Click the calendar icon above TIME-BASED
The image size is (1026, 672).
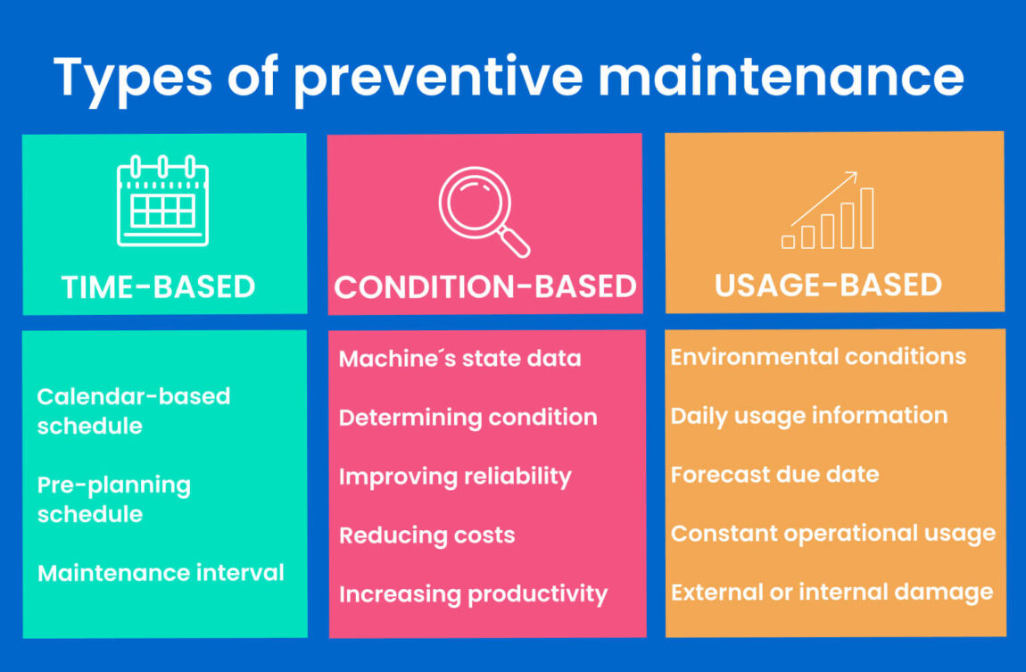tap(162, 201)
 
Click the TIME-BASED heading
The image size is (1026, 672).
tap(159, 287)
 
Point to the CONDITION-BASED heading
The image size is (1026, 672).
tap(484, 287)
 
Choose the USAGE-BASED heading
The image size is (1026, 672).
tap(828, 285)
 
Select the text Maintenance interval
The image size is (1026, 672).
tap(161, 573)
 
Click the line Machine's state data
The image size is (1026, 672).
tap(459, 359)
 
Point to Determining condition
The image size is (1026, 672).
tap(467, 418)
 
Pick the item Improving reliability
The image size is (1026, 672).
tap(454, 477)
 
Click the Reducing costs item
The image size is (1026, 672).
tap(426, 535)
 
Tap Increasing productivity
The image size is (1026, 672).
tap(473, 594)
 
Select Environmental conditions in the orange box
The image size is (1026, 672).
tap(818, 357)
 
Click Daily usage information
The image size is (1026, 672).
tap(809, 416)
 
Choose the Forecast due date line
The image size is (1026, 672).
tap(774, 474)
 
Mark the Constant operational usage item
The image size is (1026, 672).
tap(832, 534)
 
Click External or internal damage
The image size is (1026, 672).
tap(832, 593)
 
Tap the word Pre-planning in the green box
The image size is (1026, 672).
tap(114, 485)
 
